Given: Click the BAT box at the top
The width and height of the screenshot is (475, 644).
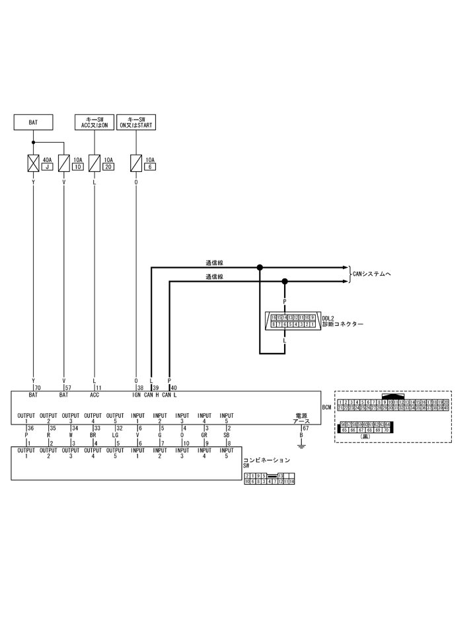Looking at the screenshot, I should [33, 122].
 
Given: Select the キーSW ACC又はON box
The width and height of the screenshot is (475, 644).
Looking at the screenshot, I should [94, 122].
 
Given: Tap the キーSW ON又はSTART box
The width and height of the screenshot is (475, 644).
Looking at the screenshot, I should [136, 122].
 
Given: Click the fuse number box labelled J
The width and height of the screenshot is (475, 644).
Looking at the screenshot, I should [47, 167].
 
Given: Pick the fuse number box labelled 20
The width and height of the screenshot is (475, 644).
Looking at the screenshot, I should [108, 167].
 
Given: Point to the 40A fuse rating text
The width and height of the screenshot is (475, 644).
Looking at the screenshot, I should [47, 159].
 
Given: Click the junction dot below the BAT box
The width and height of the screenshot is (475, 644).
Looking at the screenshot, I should [33, 142].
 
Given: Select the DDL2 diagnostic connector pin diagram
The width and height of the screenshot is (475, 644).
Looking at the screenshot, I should [293, 321].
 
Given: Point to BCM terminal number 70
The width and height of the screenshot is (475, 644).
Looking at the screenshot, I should [38, 387].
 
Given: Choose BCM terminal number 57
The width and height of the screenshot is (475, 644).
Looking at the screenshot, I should [68, 387].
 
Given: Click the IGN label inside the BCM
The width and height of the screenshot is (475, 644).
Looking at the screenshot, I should [136, 395].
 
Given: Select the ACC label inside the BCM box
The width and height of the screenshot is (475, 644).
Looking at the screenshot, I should [94, 395].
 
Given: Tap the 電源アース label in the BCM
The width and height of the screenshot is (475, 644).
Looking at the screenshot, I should [301, 419].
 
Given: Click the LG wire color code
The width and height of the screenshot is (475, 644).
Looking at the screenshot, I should [115, 435].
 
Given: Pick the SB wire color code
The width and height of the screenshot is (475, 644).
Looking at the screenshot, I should [227, 435].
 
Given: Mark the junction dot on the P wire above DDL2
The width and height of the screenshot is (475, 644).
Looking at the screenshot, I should [285, 281].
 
